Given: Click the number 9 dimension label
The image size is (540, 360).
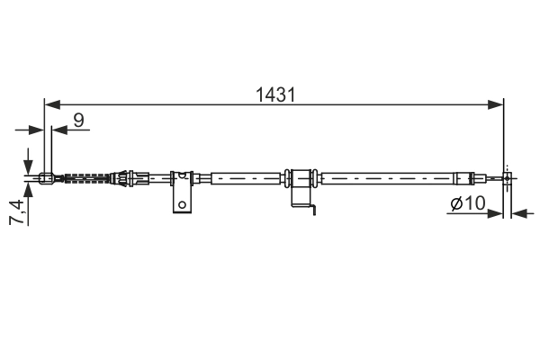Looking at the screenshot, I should coord(80,118).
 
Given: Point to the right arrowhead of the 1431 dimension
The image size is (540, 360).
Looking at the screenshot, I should coord(498,105).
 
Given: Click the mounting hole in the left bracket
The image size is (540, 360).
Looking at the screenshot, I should coord(183,203).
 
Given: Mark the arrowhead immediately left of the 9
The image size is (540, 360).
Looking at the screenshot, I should coord(58,129).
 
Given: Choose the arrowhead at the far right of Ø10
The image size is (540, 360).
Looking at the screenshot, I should coord(518,214).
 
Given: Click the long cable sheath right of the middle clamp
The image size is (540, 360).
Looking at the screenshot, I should coord(387,177).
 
